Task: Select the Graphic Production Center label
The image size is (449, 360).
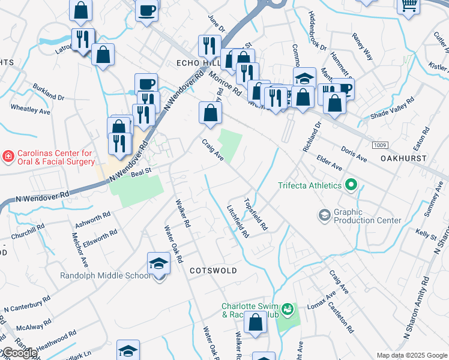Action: (367, 216)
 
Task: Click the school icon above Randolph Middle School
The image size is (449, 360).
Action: (158, 263)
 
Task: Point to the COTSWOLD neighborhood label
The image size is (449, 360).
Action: (213, 271)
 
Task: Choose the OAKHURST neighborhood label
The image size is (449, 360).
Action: (403, 158)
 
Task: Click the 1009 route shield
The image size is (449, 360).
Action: (379, 145)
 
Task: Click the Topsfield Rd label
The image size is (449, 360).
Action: (255, 214)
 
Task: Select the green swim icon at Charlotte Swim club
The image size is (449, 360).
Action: (288, 309)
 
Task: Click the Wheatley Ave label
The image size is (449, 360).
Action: (31, 109)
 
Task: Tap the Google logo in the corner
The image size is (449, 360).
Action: (19, 353)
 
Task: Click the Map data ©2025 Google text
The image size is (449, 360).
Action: (412, 355)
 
